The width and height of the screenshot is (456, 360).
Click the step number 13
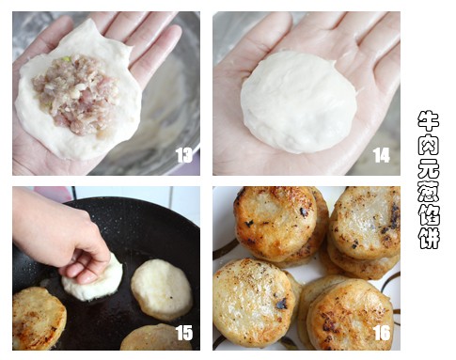click(x=184, y=155)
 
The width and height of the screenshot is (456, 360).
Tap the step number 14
click(x=382, y=155)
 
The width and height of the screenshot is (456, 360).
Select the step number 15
click(x=184, y=333)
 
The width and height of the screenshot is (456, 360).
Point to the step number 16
click(x=382, y=333)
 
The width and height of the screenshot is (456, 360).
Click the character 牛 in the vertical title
click(x=429, y=121)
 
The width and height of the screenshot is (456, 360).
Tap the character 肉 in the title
click(x=429, y=144)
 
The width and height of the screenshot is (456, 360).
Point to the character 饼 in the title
click(x=429, y=238)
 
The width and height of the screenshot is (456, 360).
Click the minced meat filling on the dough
click(x=76, y=94)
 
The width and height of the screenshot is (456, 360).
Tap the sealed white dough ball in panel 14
click(x=298, y=102)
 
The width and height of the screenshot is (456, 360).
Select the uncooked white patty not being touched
click(x=162, y=289)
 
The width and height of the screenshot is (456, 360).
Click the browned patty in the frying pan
click(x=39, y=319)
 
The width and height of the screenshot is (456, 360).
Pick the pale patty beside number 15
click(x=156, y=337)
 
